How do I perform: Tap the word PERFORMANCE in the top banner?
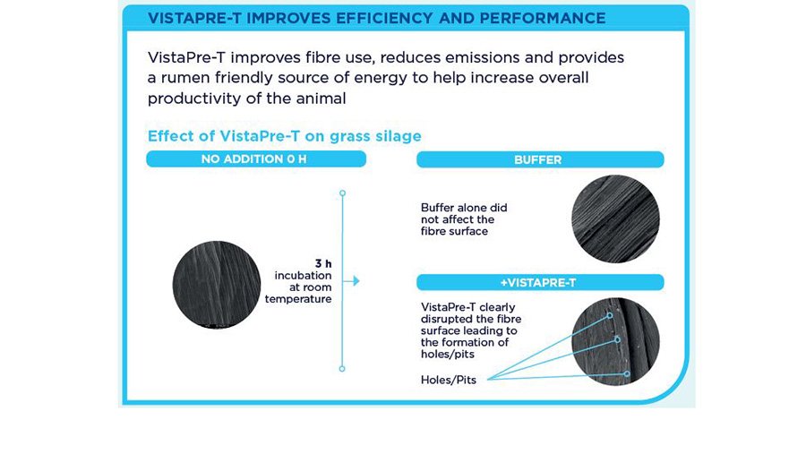pos(543,18)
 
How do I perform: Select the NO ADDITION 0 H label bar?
pos(256,158)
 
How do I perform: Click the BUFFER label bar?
pos(540,159)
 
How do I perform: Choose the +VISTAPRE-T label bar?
pos(540,282)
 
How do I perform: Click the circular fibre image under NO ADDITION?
pos(217,285)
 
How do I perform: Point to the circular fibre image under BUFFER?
pos(615,219)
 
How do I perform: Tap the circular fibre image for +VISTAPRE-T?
pos(615,341)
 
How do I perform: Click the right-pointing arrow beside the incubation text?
pos(351,281)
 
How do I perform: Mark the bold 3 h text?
pos(323,264)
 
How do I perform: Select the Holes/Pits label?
pos(449,380)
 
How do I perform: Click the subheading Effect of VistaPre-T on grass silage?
pos(284,136)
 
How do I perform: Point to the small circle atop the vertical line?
pos(342,193)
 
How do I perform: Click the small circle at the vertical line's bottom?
pos(342,369)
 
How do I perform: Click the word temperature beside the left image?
pos(298,299)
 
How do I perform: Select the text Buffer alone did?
pos(464,208)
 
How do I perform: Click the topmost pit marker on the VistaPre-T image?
pos(610,316)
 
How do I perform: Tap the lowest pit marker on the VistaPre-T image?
pos(627,373)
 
